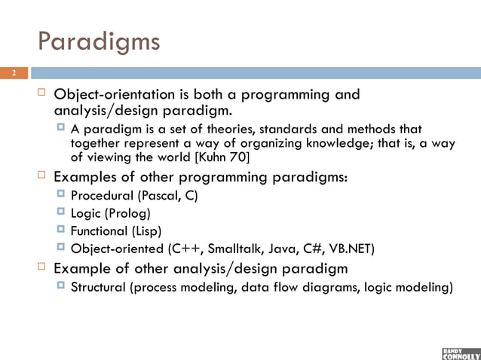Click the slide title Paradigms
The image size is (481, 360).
click(x=99, y=41)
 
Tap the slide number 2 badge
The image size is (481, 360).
click(x=13, y=73)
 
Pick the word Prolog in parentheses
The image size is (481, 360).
click(x=133, y=213)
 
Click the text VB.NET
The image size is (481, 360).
click(x=357, y=246)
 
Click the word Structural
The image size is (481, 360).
click(x=97, y=287)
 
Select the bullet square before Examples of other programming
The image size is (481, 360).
click(x=42, y=176)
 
